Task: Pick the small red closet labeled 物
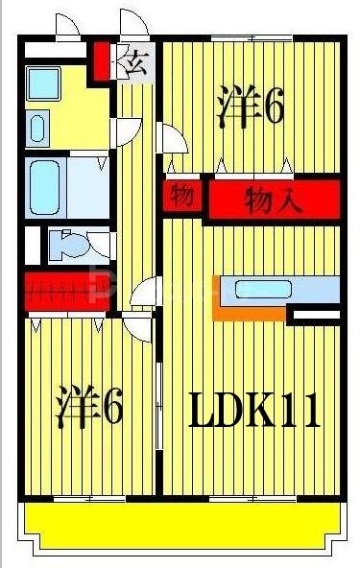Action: click(x=182, y=197)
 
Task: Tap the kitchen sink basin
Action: click(x=277, y=289)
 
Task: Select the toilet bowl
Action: click(x=68, y=245)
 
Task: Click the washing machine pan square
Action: click(x=42, y=84)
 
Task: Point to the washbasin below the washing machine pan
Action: click(x=36, y=128)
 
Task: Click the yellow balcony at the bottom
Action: click(x=182, y=524)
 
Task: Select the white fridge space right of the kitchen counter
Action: click(x=313, y=314)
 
